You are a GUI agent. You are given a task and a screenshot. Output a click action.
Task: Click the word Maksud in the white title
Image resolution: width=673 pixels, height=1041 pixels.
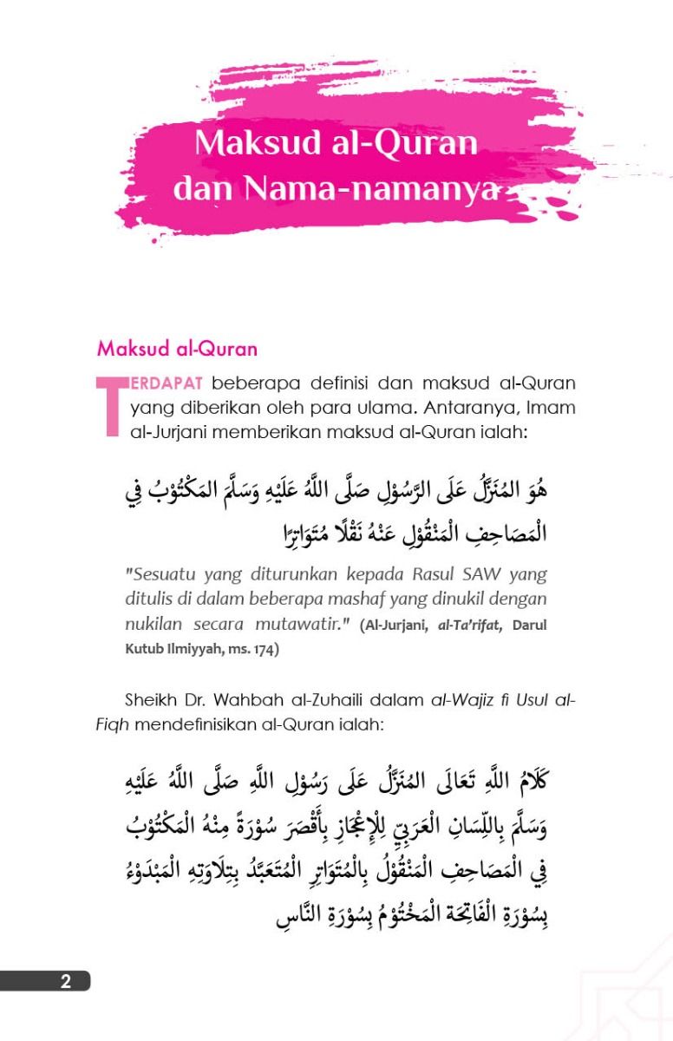[245, 141]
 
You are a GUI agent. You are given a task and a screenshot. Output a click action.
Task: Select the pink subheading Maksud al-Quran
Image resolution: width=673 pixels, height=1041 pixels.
[177, 350]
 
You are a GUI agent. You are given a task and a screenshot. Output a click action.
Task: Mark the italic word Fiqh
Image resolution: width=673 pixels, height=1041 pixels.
[111, 723]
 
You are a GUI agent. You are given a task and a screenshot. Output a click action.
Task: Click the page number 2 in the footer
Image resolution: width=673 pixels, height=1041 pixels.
[66, 982]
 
